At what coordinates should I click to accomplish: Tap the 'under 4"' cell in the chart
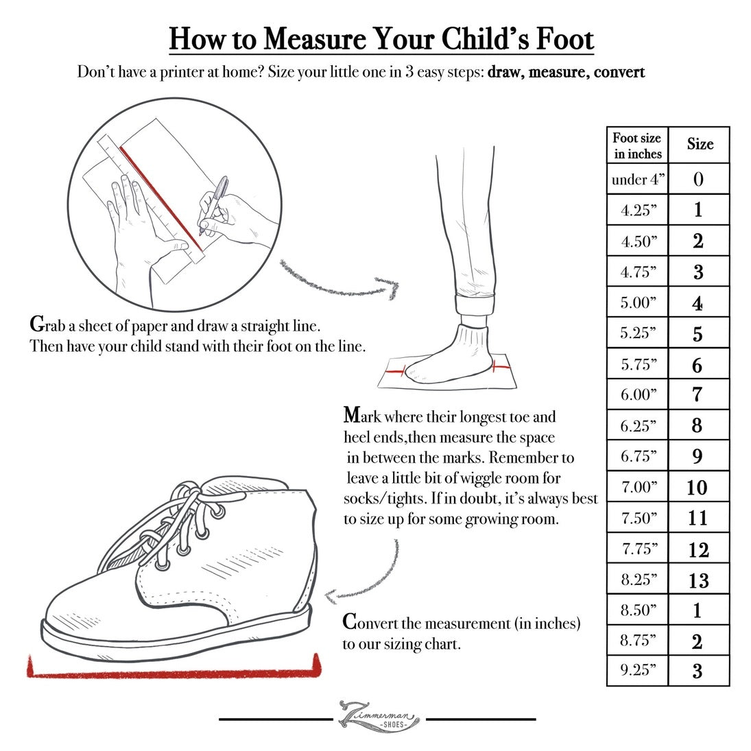[637, 179]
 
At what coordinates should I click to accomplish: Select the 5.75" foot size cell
[637, 364]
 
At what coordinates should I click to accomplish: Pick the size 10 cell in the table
[698, 487]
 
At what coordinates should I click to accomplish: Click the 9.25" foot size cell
[637, 670]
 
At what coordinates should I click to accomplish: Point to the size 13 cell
[698, 580]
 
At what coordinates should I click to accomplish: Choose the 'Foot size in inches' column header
[637, 145]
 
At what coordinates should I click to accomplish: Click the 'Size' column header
[699, 145]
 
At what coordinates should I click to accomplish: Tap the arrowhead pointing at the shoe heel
[331, 596]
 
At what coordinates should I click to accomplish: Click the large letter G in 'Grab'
[37, 324]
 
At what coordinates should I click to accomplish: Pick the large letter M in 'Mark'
[352, 415]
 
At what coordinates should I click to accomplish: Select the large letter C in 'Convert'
[349, 621]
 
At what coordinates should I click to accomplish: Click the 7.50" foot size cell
[637, 518]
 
